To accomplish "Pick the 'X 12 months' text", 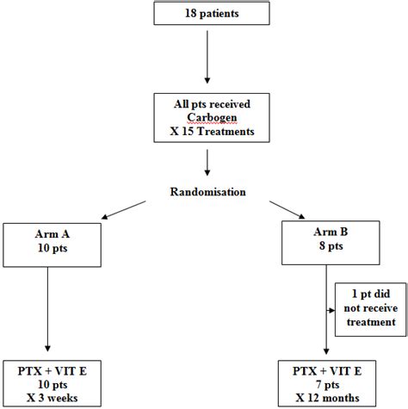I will coord(327,397).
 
